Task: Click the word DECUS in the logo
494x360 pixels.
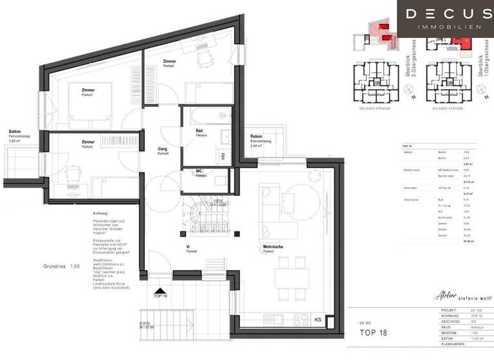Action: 444,14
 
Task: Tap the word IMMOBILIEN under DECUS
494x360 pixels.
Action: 444,27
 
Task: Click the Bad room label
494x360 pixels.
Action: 200,130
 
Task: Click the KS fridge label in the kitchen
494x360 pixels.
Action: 317,319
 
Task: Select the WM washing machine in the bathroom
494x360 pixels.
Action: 223,156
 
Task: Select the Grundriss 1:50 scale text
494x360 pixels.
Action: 62,265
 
